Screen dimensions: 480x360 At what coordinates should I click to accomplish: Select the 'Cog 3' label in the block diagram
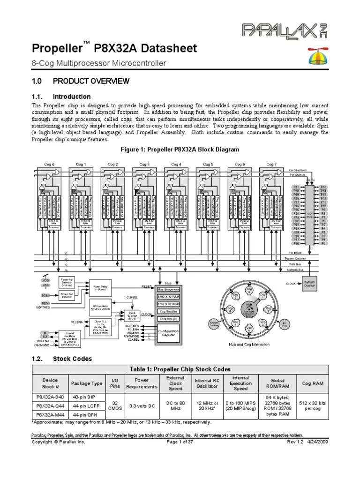pyautogui.click(x=144, y=164)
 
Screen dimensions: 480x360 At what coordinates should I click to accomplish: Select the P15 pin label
pyautogui.click(x=322, y=187)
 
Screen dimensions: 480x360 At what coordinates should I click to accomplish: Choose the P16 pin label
pyautogui.click(x=296, y=244)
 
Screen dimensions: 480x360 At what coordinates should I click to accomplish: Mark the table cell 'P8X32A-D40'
pyautogui.click(x=50, y=397)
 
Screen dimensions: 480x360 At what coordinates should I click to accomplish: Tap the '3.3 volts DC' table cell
pyautogui.click(x=142, y=405)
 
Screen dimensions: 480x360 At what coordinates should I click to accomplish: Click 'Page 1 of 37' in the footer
pyautogui.click(x=180, y=442)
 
